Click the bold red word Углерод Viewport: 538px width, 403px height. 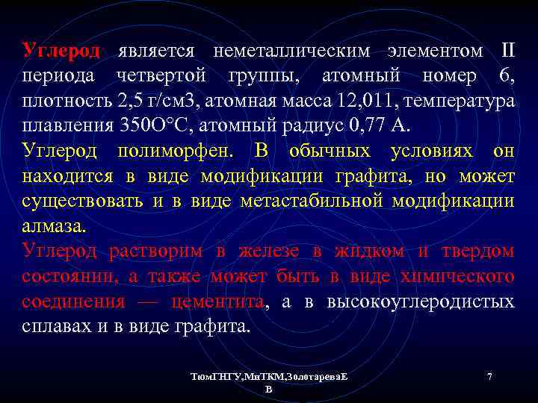61,51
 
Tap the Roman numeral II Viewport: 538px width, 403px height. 507,51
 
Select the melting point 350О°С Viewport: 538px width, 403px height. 160,125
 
